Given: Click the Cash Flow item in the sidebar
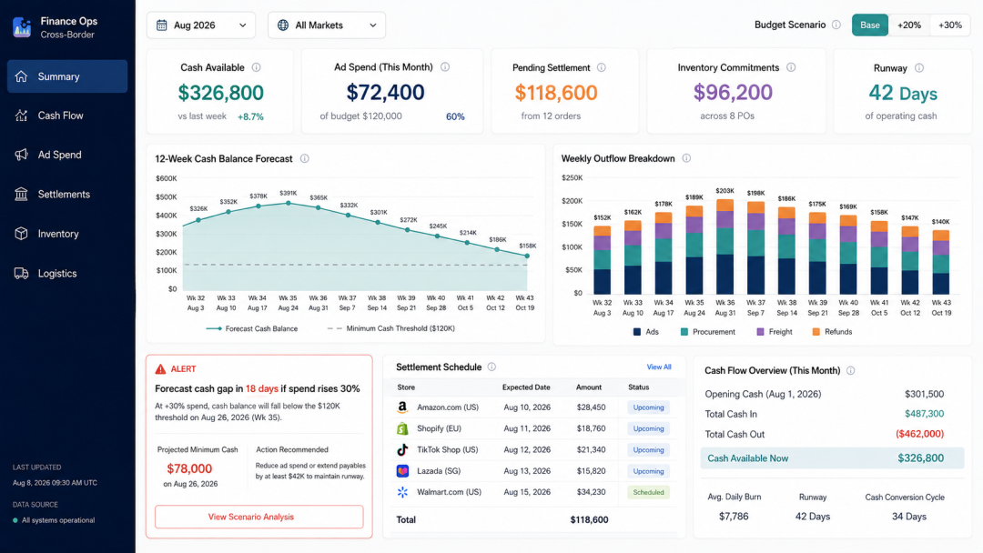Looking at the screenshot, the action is [x=60, y=116].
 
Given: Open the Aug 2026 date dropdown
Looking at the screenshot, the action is [x=200, y=25].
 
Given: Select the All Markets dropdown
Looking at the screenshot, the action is [x=327, y=25].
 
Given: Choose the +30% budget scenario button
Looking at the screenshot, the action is [x=949, y=25].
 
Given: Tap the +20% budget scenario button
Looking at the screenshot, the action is [x=909, y=25].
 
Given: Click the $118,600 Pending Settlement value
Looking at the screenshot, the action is [x=556, y=93].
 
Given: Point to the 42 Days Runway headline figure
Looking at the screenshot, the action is [x=903, y=94].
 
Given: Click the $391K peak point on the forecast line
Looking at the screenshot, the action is [x=289, y=203].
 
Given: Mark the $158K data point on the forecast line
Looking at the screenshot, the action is [x=527, y=256].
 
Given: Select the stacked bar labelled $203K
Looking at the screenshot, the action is [x=725, y=246].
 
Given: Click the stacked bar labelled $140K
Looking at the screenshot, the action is [x=941, y=263].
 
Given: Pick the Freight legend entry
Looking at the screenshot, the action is [x=775, y=332].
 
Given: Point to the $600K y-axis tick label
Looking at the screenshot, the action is [x=167, y=178].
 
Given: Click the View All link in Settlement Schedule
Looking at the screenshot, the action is [x=659, y=367].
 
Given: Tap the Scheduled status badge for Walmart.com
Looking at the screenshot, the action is [x=648, y=492].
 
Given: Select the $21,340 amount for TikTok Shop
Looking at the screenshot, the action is [x=592, y=449].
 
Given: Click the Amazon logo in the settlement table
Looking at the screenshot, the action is [x=402, y=407].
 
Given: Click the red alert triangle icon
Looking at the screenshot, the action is [x=160, y=369].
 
